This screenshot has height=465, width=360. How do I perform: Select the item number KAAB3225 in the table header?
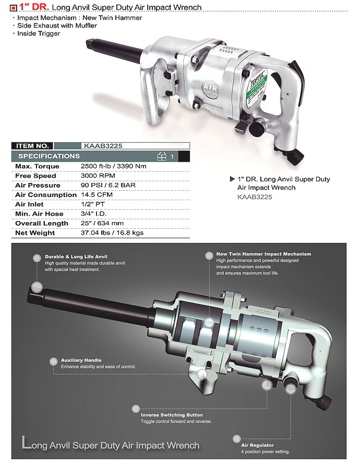(103, 145)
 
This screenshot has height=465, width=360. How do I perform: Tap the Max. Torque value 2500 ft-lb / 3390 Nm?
(113, 166)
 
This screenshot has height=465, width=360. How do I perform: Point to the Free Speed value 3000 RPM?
(98, 176)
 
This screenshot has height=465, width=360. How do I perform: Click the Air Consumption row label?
(46, 195)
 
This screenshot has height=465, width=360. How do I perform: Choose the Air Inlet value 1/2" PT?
(92, 204)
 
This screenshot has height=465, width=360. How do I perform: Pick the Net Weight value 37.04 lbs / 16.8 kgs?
(112, 233)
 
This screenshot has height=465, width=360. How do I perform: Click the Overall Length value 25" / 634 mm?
(102, 223)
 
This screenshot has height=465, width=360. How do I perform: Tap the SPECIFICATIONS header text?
(49, 156)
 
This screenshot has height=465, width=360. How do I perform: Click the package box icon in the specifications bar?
(161, 156)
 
